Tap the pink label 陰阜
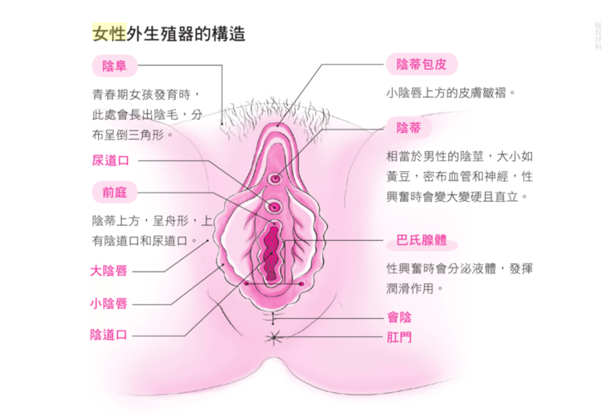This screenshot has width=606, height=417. pos(114,66)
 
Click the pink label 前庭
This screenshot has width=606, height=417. pos(114,193)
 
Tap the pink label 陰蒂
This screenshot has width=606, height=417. pos(408,127)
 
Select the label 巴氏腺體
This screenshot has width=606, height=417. pos(421,240)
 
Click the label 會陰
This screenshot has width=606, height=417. pos(399,317)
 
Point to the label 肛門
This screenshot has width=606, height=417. pos(399,337)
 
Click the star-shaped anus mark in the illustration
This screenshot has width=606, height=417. pos(273,337)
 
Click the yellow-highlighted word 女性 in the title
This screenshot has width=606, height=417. pos(109,34)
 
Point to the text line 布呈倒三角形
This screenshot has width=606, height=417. pos(132,134)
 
